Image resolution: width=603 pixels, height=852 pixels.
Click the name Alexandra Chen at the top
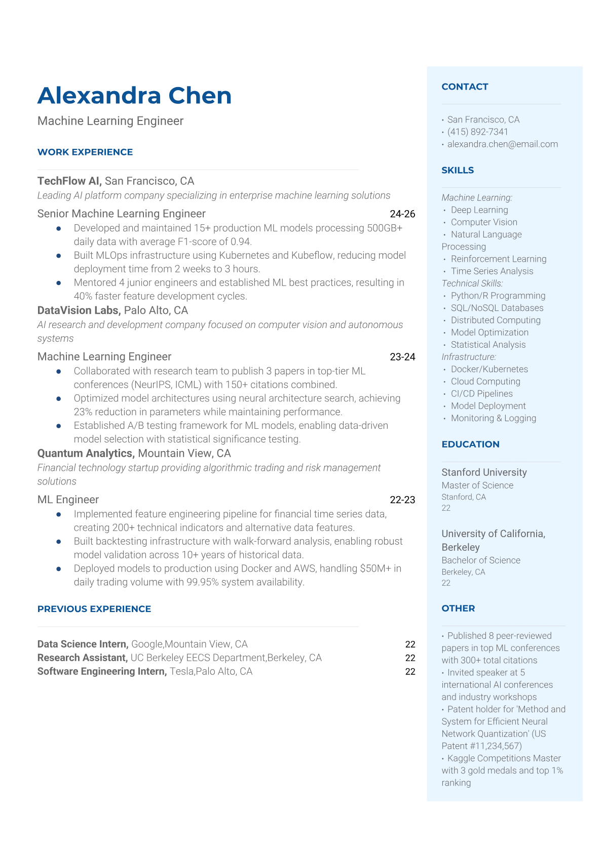tap(134, 96)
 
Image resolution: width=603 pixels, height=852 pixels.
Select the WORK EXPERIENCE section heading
tap(85, 152)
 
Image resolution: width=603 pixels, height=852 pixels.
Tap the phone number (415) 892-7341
tap(477, 132)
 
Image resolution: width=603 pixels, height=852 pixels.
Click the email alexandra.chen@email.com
tap(502, 144)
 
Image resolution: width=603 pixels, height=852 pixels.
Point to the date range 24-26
tap(402, 214)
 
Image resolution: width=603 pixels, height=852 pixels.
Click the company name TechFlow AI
tap(69, 181)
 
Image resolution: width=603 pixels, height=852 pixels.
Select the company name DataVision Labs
tap(79, 310)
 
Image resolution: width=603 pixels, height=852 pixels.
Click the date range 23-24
tap(402, 356)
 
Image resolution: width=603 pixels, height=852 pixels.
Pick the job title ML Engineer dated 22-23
tap(68, 499)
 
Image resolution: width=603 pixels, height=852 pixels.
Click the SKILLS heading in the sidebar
tap(458, 170)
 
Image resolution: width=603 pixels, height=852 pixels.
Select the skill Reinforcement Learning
tap(499, 259)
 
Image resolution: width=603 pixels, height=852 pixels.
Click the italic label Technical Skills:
tap(472, 283)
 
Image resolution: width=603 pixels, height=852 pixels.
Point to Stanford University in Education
tap(484, 472)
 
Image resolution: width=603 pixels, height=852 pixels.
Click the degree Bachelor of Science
tap(481, 560)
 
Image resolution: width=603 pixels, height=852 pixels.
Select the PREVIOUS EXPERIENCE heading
tap(94, 608)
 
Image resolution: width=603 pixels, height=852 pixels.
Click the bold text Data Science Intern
tap(83, 644)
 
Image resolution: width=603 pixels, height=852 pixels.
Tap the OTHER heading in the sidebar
tap(458, 608)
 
